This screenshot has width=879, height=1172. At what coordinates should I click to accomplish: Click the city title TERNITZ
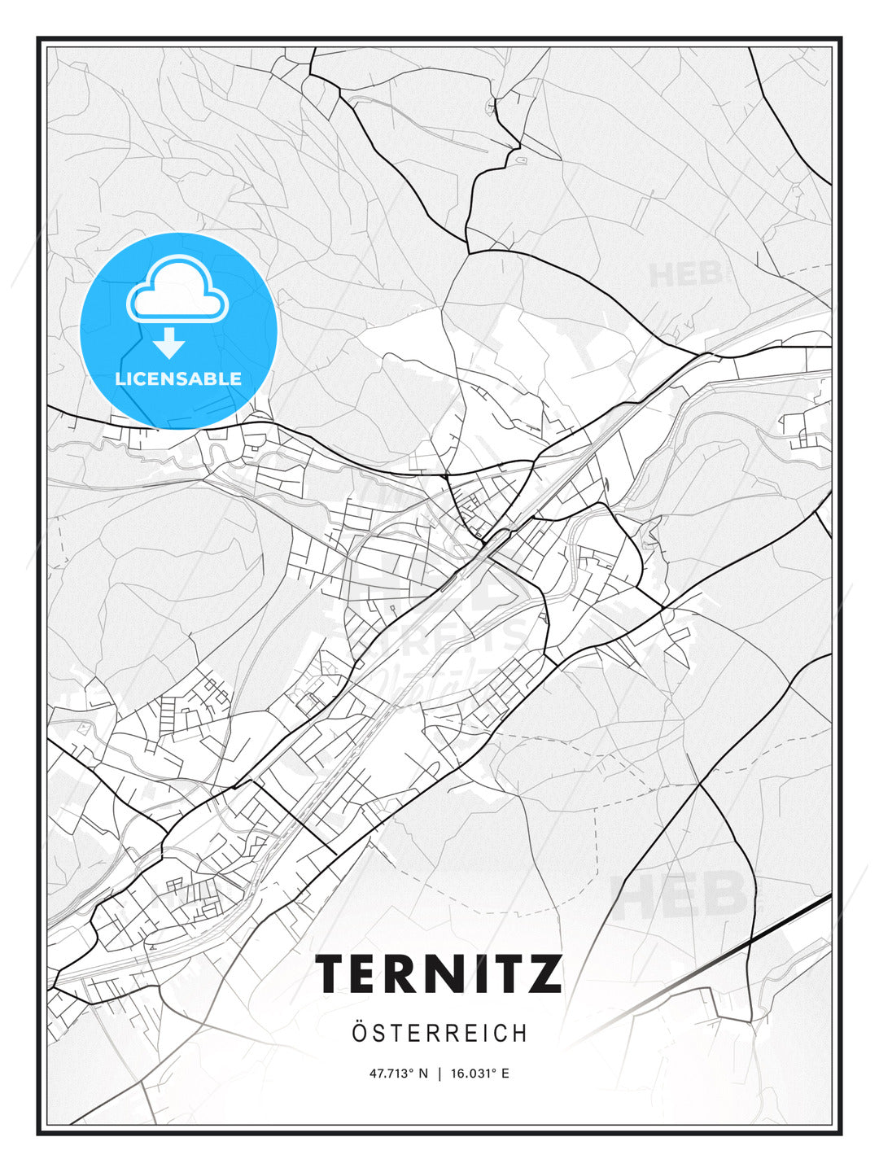439,973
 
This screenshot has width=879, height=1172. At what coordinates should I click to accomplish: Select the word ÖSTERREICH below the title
439,1034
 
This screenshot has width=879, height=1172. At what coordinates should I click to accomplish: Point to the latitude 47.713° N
399,1074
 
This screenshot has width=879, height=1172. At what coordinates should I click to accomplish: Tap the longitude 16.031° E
481,1074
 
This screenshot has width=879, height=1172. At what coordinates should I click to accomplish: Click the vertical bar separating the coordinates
440,1074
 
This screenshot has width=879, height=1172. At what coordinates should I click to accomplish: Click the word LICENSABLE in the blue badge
178,378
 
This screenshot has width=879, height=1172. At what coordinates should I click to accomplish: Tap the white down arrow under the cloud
169,343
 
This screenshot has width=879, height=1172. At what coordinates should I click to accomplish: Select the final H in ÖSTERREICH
519,1034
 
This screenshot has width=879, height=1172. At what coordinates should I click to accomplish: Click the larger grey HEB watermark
680,894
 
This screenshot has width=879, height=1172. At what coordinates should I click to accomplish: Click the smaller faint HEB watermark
685,274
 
